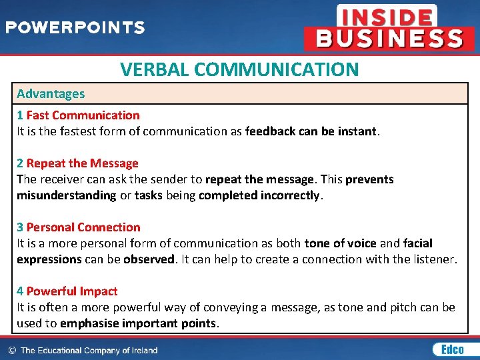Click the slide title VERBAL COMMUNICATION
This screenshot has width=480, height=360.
(x=239, y=69)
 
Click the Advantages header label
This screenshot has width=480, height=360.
(x=51, y=94)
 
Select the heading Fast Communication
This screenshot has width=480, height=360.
(x=83, y=115)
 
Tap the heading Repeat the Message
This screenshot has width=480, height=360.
(x=83, y=163)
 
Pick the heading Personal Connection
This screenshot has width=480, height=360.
(x=83, y=227)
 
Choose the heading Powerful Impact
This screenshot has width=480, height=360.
(x=72, y=291)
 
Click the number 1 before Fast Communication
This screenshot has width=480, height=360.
(x=20, y=115)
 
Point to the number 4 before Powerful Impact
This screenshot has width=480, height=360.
(x=20, y=291)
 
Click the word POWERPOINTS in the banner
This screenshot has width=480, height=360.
(x=75, y=28)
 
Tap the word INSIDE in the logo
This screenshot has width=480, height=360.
(x=386, y=15)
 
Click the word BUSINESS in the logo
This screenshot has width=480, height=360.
(x=389, y=38)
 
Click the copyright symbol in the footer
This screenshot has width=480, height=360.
(x=11, y=350)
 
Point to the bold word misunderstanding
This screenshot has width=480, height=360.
(x=67, y=195)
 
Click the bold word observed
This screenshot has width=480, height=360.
(x=148, y=259)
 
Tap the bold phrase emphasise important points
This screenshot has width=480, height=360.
(x=139, y=323)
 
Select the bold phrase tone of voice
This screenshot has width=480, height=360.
(x=340, y=243)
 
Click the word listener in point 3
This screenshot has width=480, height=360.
(x=432, y=259)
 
